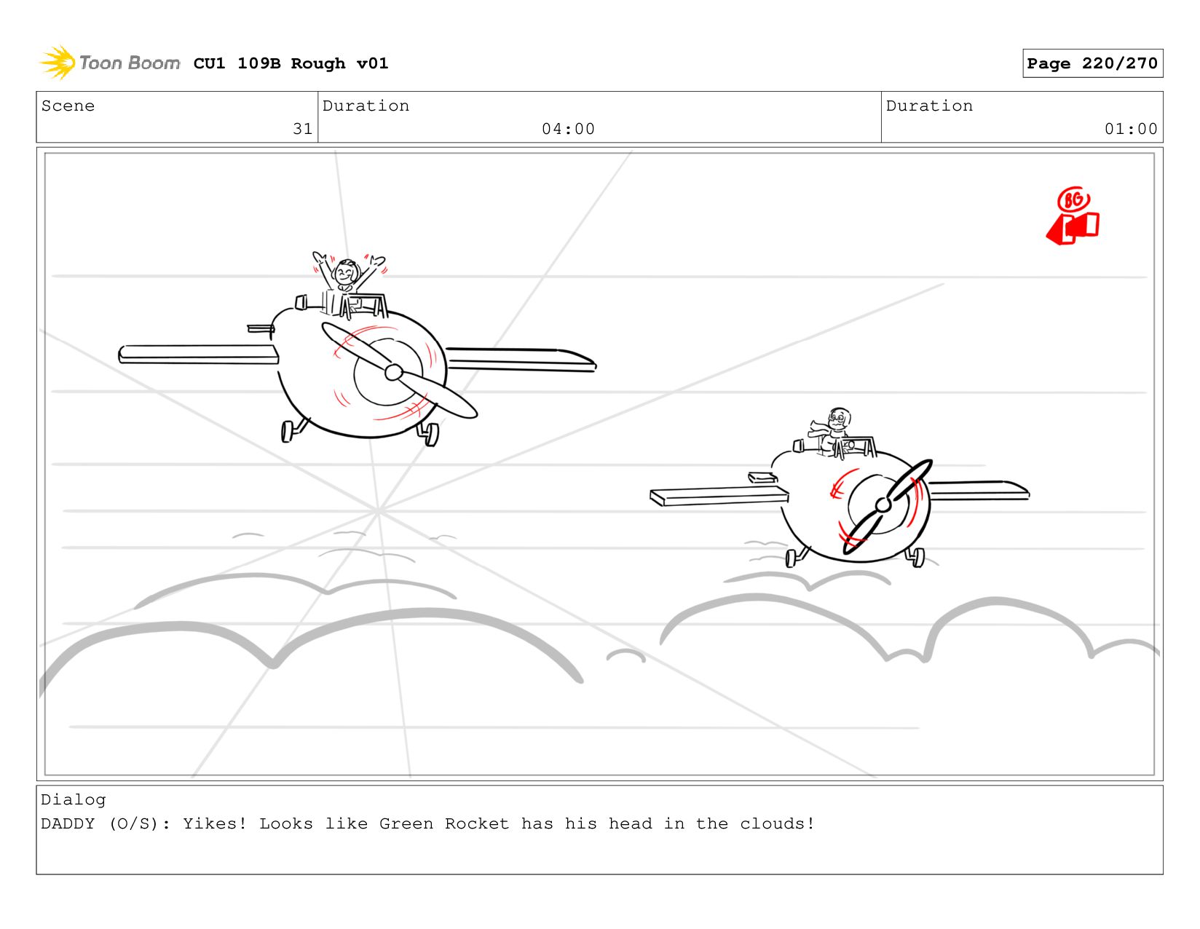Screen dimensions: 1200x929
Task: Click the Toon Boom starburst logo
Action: [x=57, y=63]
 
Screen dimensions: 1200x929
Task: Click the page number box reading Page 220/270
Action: [x=1092, y=63]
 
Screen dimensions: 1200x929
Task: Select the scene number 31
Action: [x=302, y=129]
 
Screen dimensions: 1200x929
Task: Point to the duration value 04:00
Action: [x=568, y=129]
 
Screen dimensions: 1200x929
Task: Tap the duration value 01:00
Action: [x=1130, y=129]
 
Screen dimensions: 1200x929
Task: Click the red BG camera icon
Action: [x=1073, y=216]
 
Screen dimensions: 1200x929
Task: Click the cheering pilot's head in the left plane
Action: [x=347, y=272]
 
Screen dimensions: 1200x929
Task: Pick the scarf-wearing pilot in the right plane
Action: [x=833, y=432]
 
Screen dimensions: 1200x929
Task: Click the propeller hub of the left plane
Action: [x=393, y=373]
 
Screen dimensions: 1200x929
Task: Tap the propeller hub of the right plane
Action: [x=883, y=505]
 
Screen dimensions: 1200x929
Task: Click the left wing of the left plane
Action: [x=198, y=355]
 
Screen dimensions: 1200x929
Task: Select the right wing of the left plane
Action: [x=521, y=360]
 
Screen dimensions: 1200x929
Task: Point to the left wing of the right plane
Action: [x=719, y=496]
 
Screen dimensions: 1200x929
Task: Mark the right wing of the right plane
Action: [x=978, y=490]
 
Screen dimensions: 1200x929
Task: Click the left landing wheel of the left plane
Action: [x=287, y=431]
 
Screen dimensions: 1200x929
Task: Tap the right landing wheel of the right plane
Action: [x=917, y=558]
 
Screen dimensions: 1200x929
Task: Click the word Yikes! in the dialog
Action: [x=215, y=823]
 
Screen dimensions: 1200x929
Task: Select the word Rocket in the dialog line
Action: [x=476, y=823]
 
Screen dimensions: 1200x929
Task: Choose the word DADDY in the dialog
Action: [x=68, y=823]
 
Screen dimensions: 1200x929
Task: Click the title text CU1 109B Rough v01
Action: [x=291, y=63]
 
